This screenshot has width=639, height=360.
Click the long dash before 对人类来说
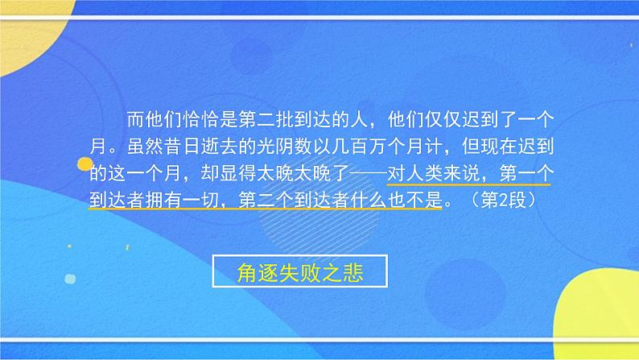coord(349,173)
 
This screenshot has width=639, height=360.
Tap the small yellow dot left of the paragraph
coord(85,165)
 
